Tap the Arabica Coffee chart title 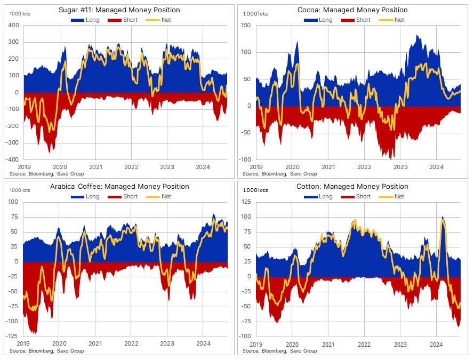coord(119,187)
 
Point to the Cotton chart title coord(352,187)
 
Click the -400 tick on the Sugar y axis coord(12,159)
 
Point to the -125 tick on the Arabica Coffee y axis coord(11,336)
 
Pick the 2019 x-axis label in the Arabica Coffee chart coord(23,343)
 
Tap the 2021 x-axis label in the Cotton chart coord(328,343)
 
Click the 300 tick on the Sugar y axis coord(13,42)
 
